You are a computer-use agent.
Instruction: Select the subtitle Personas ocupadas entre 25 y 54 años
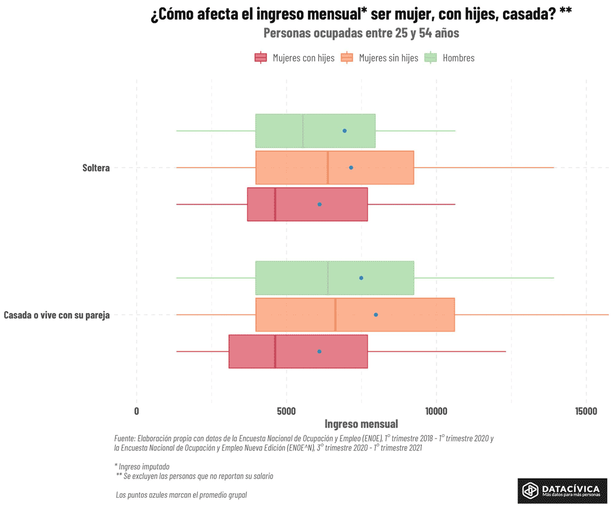(x=361, y=34)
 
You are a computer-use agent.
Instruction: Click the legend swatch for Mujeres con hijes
(x=261, y=58)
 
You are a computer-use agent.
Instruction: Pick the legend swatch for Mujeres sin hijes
(x=347, y=58)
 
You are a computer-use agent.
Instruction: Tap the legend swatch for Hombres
(x=431, y=58)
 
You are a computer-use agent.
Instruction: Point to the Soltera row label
(x=96, y=167)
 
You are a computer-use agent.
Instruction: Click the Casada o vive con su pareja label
(x=57, y=315)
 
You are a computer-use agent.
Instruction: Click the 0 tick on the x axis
(x=136, y=411)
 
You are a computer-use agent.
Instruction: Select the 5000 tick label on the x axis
(x=286, y=411)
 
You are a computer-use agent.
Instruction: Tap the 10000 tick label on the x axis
(x=436, y=411)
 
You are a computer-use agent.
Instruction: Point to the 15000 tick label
(x=586, y=411)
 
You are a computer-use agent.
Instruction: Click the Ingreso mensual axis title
(x=361, y=424)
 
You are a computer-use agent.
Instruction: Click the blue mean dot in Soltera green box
(x=345, y=131)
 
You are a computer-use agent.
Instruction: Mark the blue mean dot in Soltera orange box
(x=351, y=167)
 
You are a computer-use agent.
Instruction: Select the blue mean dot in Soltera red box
(x=319, y=204)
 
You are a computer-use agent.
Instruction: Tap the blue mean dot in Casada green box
(x=361, y=278)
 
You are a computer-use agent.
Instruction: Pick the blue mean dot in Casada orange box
(x=376, y=315)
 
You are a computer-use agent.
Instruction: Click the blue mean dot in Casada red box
(x=319, y=351)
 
